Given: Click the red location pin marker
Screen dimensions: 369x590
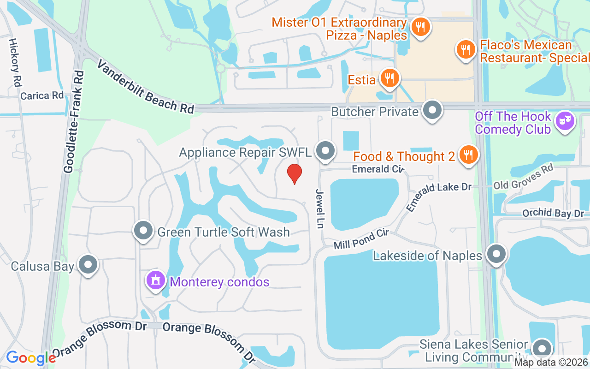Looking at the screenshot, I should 295,174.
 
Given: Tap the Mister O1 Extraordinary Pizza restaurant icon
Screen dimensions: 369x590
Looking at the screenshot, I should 420,27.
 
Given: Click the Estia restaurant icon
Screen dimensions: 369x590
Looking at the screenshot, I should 390,78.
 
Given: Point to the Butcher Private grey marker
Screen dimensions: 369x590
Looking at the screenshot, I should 432,111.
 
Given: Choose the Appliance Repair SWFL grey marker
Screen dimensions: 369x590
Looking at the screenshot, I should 325,151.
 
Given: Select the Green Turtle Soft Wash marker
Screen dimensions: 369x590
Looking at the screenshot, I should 143,230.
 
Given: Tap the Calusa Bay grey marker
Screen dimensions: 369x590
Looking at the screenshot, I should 88,265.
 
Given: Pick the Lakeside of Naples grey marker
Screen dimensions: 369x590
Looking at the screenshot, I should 496,254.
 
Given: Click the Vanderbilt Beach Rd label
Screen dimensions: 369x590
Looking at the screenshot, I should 145,87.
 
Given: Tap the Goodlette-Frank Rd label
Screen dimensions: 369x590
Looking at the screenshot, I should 74,122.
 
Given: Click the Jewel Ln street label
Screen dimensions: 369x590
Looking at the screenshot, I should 319,208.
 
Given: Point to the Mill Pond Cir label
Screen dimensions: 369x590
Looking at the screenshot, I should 361,238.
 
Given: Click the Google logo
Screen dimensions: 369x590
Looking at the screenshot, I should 30,357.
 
